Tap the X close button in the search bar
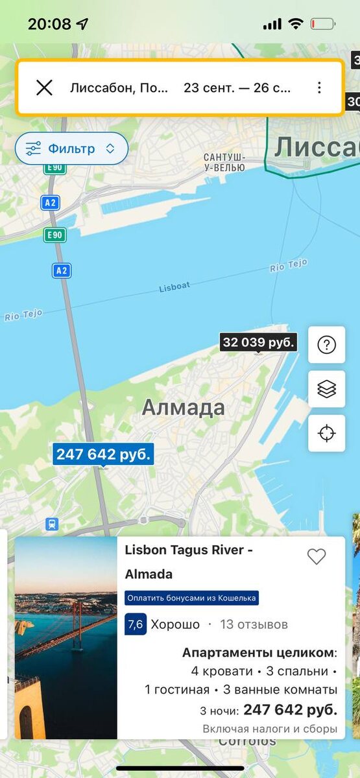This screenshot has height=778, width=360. [x=44, y=88]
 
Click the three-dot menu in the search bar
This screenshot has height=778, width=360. [x=319, y=88]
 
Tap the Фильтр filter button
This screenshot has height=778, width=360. [x=71, y=148]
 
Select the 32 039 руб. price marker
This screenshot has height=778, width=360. [x=259, y=342]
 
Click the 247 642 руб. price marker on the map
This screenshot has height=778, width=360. [x=103, y=454]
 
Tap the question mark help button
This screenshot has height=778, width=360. [x=326, y=345]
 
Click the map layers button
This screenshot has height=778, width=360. [x=326, y=389]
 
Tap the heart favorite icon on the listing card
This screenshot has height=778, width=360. [x=317, y=556]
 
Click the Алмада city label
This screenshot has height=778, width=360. [x=184, y=408]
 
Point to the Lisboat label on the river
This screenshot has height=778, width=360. [x=174, y=287]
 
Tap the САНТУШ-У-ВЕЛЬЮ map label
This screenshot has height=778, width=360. [x=224, y=162]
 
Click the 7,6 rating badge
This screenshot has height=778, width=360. [x=136, y=625]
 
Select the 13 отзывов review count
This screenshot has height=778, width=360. [x=254, y=625]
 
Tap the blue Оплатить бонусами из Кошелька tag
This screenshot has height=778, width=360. [x=192, y=598]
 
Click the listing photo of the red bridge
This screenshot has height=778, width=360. [x=66, y=637]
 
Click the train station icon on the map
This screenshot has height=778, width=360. [x=52, y=524]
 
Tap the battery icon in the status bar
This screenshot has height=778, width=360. [x=322, y=24]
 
